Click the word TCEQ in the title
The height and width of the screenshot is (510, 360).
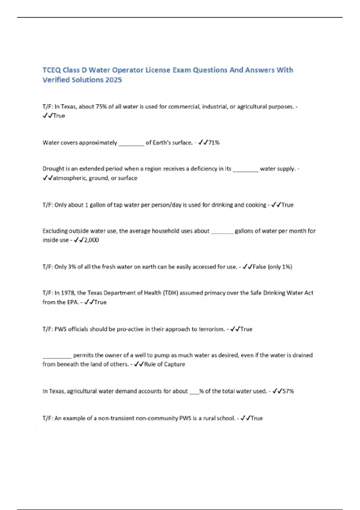[51, 70]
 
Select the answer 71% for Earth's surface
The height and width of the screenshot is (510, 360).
[214, 142]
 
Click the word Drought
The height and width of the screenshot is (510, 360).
[52, 169]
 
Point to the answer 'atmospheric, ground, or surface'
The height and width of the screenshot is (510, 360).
[95, 178]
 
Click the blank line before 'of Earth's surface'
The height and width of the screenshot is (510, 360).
[131, 143]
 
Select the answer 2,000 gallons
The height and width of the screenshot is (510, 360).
[91, 240]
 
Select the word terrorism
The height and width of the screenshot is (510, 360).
[211, 329]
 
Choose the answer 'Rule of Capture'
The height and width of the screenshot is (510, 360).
[164, 364]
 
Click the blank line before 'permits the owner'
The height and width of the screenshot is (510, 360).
[57, 356]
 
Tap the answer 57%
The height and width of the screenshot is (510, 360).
[288, 391]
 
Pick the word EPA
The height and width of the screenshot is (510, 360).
[73, 302]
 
